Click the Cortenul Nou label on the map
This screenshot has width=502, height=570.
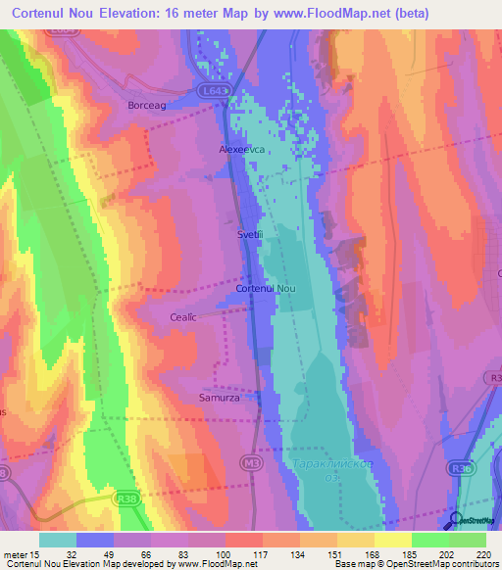click(266, 290)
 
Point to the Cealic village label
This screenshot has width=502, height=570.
click(183, 317)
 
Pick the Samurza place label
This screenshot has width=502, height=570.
click(232, 399)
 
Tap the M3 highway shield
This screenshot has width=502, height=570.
click(253, 460)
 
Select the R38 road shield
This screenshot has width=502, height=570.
click(127, 498)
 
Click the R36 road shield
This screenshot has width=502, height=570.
click(487, 469)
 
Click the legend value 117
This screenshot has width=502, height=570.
click(261, 554)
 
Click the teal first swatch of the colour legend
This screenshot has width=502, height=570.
click(58, 540)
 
